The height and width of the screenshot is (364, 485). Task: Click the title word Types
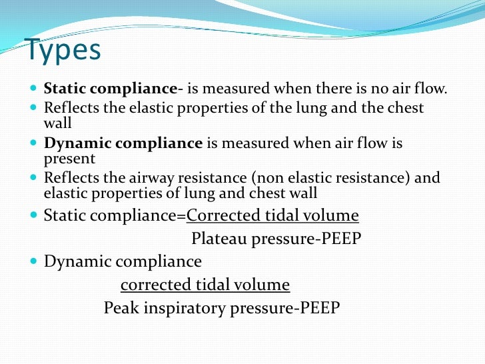pyautogui.click(x=63, y=51)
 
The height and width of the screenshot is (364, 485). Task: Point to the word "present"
pyautogui.click(x=70, y=159)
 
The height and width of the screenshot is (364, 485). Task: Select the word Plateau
pyautogui.click(x=219, y=239)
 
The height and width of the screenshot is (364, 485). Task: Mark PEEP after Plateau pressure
pyautogui.click(x=339, y=239)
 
